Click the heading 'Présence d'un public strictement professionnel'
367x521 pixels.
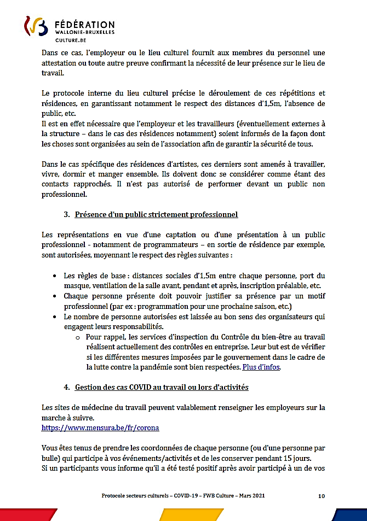tap(156, 214)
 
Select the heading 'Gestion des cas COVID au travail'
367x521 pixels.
tap(162, 387)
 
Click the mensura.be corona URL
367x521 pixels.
tap(100, 428)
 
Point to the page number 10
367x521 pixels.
tap(322, 496)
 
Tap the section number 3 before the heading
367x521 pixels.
tap(67, 214)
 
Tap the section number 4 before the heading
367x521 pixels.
tap(67, 387)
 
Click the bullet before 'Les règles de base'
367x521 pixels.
tap(56, 276)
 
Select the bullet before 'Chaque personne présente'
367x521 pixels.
tap(56, 296)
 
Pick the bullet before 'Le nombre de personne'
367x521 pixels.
tap(56, 316)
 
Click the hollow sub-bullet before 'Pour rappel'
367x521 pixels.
tap(78, 337)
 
